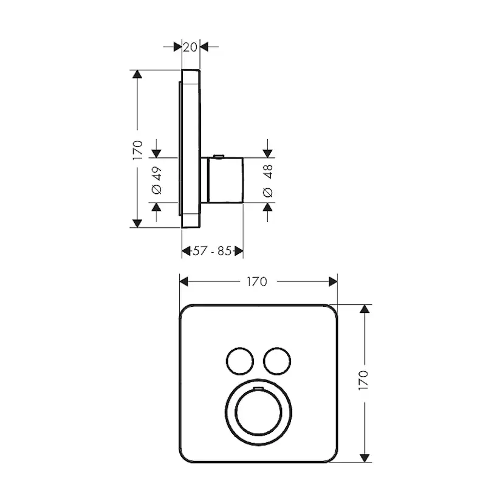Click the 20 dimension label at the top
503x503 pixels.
point(191,47)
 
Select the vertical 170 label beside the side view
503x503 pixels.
point(138,148)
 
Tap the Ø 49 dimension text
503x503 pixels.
point(157,181)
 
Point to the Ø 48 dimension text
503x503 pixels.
point(268,181)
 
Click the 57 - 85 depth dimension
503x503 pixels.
point(212,251)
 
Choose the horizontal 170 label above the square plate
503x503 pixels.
point(257,281)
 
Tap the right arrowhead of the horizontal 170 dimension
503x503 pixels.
point(332,281)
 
